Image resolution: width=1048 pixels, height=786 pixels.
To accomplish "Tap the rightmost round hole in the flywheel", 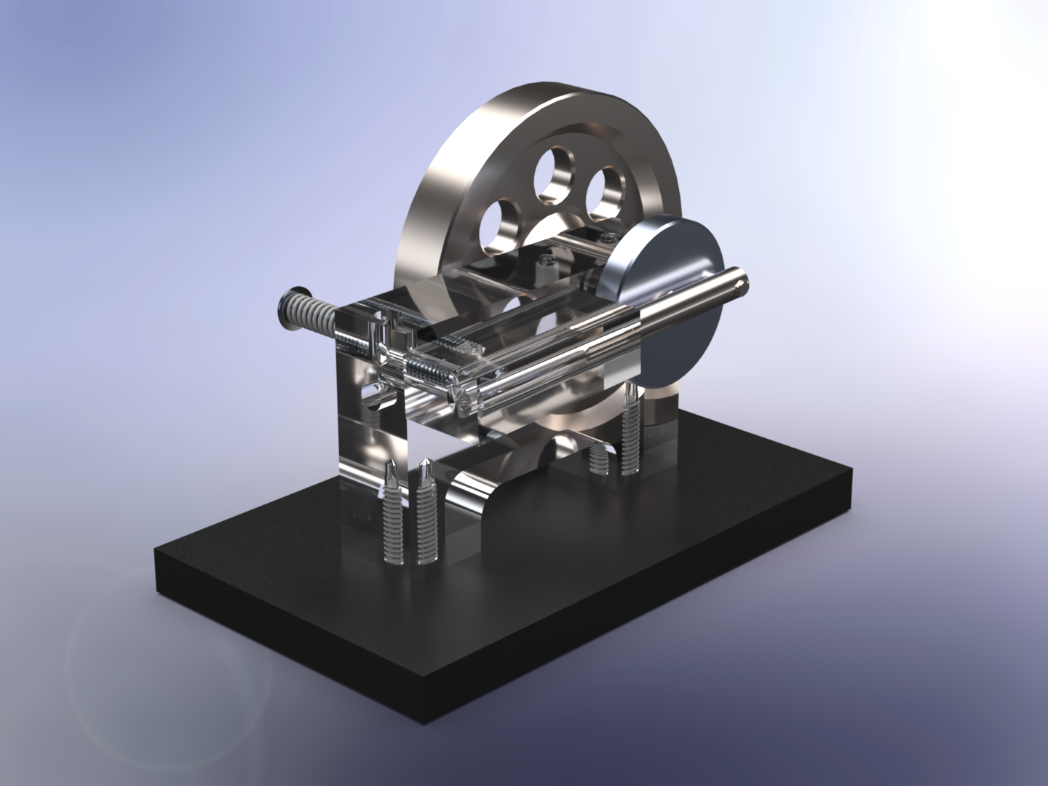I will pos(606,191).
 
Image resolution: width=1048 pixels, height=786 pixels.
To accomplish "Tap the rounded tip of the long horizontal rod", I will pos(740,280).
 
